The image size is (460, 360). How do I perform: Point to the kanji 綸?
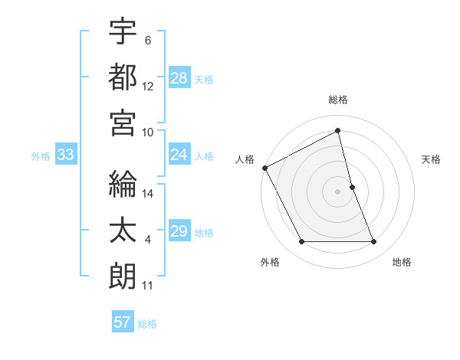[x=123, y=185]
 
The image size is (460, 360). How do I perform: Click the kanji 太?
[x=123, y=231]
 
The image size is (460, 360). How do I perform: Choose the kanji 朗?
[x=123, y=277]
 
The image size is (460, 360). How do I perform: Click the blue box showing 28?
[x=179, y=77]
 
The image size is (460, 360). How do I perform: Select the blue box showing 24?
[x=179, y=155]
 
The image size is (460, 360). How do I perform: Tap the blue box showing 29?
[x=179, y=231]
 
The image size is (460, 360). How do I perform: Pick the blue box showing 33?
[x=65, y=155]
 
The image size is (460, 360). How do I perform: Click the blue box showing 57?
[x=123, y=322]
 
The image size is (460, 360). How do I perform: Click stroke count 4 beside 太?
[x=148, y=240]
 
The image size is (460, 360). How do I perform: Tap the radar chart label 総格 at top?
[x=338, y=100]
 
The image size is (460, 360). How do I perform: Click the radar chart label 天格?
[x=432, y=159]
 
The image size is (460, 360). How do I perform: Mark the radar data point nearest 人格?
[x=265, y=167]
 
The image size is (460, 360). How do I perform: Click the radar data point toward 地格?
[x=374, y=242]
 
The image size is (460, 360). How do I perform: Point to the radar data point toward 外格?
[x=301, y=242]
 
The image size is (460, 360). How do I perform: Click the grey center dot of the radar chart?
[x=338, y=191]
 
